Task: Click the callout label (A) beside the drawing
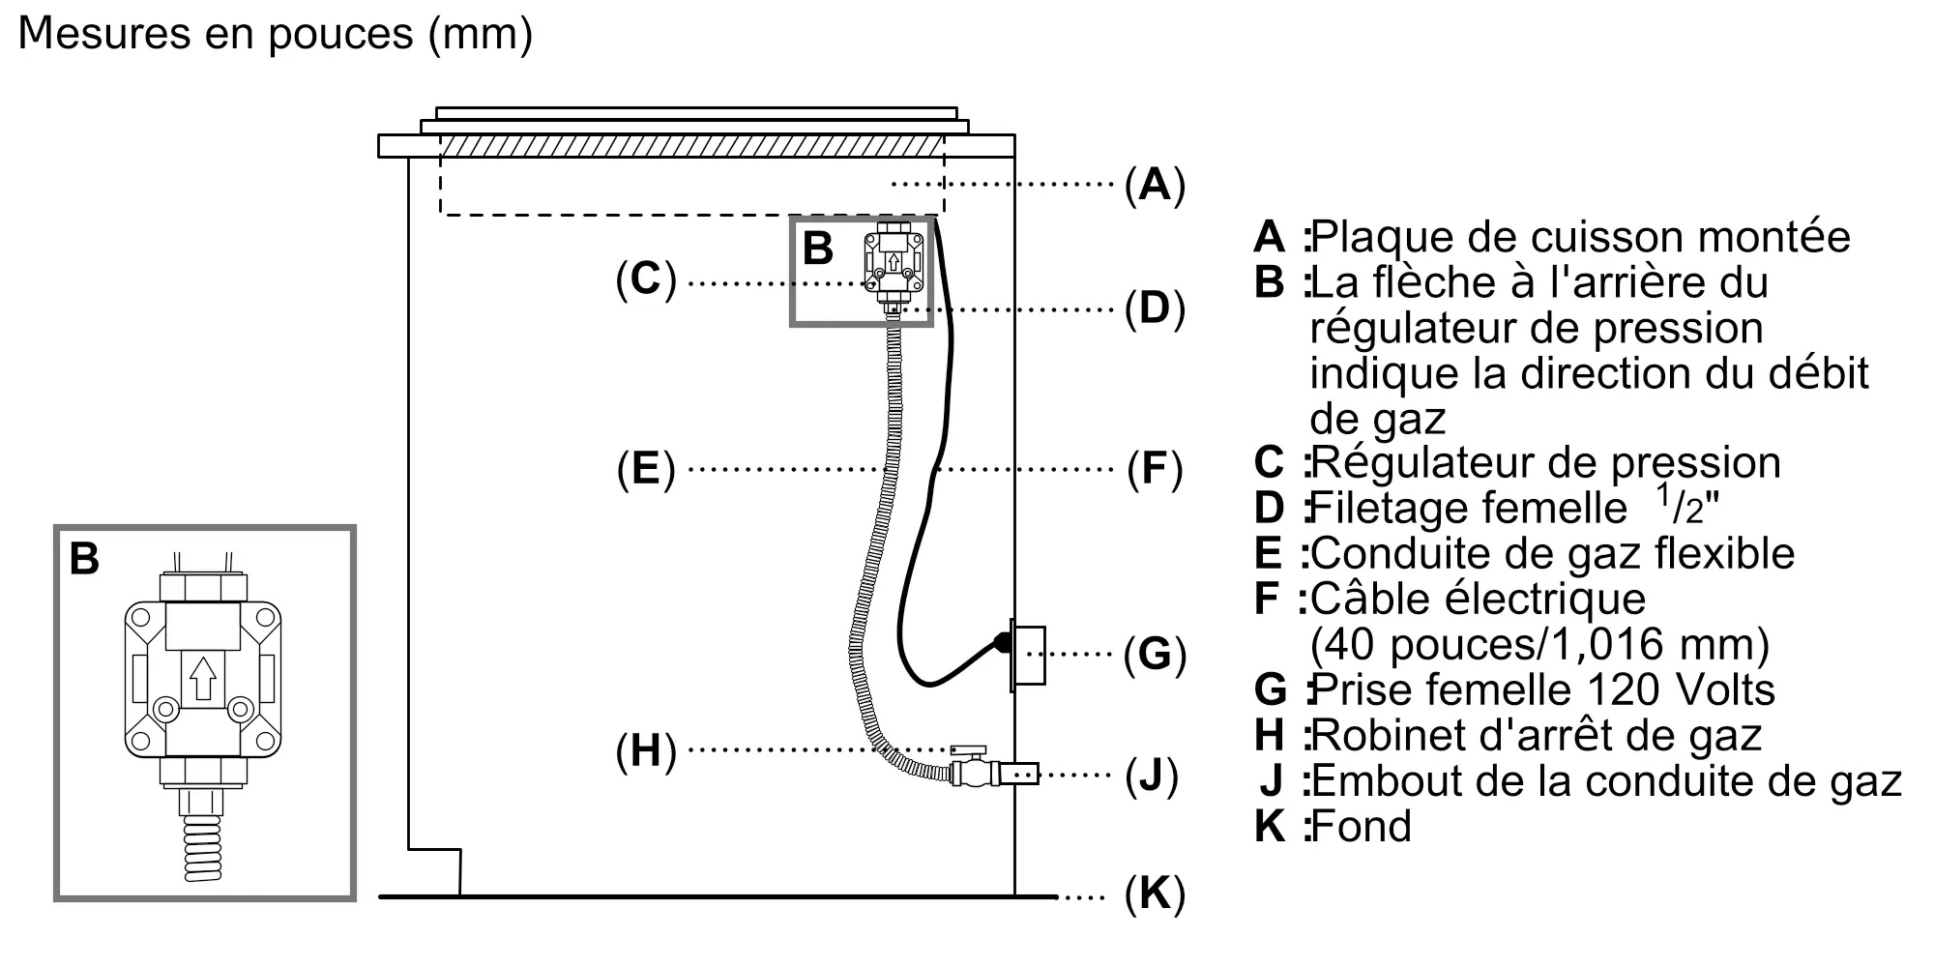point(1155,184)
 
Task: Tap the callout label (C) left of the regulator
point(646,279)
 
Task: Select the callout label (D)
point(1155,308)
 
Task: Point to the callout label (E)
point(646,469)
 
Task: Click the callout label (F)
point(1155,469)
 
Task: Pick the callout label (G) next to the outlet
point(1155,655)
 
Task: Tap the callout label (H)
point(646,751)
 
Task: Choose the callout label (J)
point(1152,776)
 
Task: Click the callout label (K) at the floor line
point(1155,894)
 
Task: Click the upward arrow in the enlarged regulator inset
point(203,679)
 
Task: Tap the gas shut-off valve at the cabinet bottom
point(974,768)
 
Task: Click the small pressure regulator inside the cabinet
point(894,265)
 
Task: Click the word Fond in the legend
point(1362,827)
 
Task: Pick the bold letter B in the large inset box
point(84,559)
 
